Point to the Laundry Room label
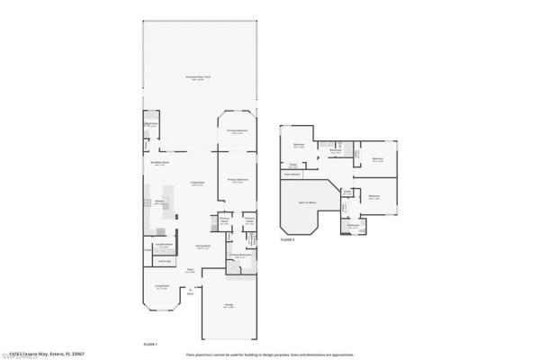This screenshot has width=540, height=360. point(164,244)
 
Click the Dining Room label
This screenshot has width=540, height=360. point(203,246)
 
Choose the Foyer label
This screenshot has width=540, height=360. point(190,270)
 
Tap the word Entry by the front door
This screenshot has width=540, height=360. point(190,293)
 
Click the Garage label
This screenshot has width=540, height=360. point(230,307)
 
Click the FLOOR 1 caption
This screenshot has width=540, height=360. point(151,344)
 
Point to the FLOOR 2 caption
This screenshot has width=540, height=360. point(288,240)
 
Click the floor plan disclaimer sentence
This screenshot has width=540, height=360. point(270,353)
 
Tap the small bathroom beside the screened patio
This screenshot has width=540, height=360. point(151,125)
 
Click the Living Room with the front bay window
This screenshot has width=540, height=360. point(163,288)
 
